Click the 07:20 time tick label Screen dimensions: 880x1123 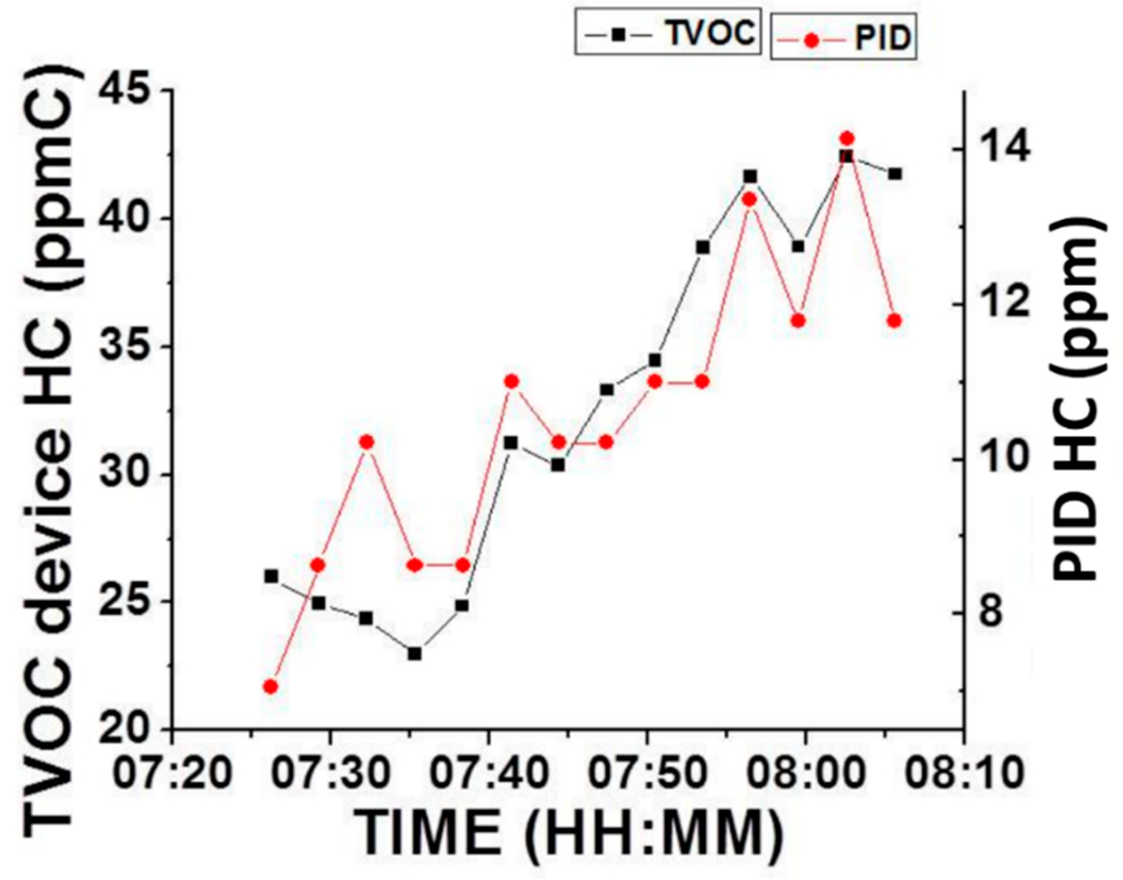173,773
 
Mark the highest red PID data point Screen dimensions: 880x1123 846,138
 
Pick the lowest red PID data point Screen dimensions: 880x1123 271,686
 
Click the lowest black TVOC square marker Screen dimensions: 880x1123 414,653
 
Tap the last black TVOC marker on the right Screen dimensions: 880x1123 894,174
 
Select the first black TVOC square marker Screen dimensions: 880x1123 271,576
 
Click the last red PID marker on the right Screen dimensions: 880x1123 894,321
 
